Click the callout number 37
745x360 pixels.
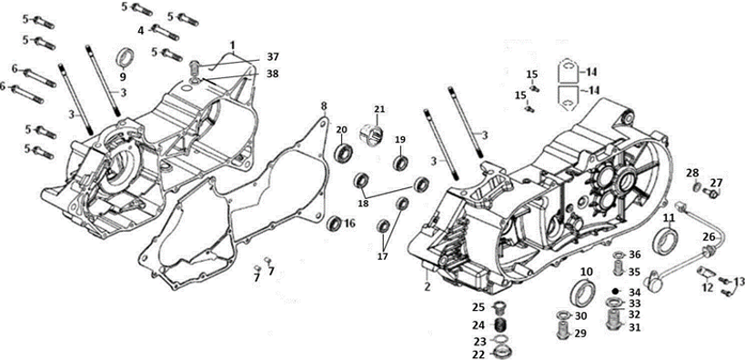tap(273, 57)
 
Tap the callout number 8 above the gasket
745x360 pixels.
tap(324, 105)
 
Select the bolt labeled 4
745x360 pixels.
tap(165, 33)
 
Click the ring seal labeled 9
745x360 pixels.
tap(125, 59)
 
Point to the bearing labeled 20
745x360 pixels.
tap(342, 152)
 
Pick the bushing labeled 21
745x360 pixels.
tap(374, 135)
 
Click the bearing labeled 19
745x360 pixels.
tap(401, 162)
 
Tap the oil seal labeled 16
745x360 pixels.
tap(335, 223)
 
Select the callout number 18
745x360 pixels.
tap(364, 204)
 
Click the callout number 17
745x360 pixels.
tap(383, 256)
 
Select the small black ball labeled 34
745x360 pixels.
tap(615, 291)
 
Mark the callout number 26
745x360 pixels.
tap(709, 236)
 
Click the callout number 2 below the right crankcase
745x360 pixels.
tap(428, 287)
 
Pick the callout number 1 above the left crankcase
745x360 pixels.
tap(233, 45)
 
